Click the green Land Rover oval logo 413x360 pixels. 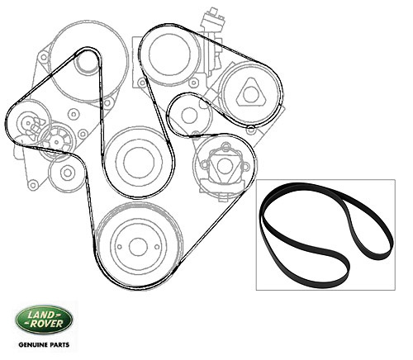pyautogui.click(x=44, y=320)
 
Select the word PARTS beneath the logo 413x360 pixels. pyautogui.click(x=60, y=344)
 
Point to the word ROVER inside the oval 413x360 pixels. pyautogui.click(x=46, y=324)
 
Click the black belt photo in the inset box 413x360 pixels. pyautogui.click(x=326, y=234)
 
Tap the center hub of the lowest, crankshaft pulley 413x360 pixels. pyautogui.click(x=138, y=247)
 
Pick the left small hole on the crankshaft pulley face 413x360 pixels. pyautogui.click(x=119, y=247)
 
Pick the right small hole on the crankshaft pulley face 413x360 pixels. pyautogui.click(x=157, y=247)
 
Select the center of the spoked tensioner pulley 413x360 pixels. pyautogui.click(x=56, y=142)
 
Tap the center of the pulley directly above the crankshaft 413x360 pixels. pyautogui.click(x=139, y=162)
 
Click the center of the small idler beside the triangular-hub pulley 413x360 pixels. pyautogui.click(x=189, y=114)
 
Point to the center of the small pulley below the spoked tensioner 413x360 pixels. pyautogui.click(x=67, y=173)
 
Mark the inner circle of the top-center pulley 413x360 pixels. pyautogui.click(x=169, y=54)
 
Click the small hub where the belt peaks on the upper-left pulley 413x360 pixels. pyautogui.click(x=87, y=64)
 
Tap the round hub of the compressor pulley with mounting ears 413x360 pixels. pyautogui.click(x=224, y=166)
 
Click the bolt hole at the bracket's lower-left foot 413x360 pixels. pyautogui.click(x=33, y=184)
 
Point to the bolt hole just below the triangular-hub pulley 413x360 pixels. pyautogui.click(x=250, y=130)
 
